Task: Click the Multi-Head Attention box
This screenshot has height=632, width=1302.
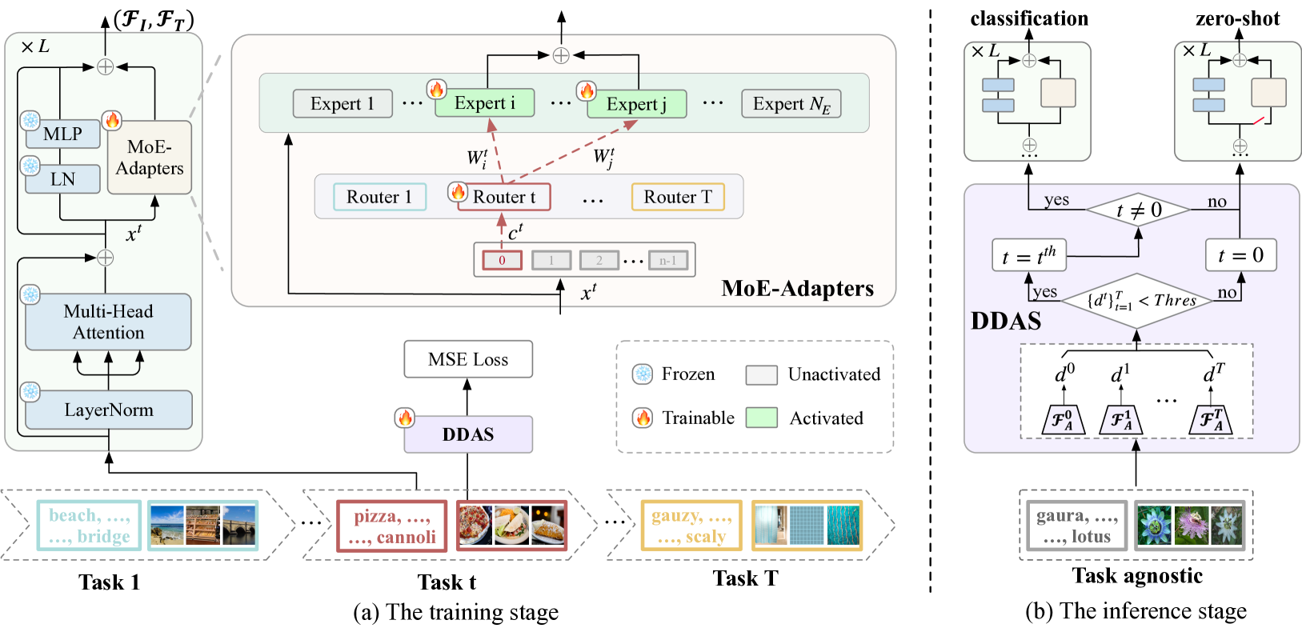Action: tap(108, 322)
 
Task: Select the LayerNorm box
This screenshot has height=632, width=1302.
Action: tap(108, 410)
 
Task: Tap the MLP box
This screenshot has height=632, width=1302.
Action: tap(62, 134)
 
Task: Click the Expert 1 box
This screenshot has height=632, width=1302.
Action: tap(343, 103)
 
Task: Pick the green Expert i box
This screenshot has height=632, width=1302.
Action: tap(484, 102)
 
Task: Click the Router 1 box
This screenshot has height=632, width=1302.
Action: tap(379, 197)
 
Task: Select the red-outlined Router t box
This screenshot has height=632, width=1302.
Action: tap(503, 197)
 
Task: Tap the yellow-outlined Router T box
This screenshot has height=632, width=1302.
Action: tap(678, 197)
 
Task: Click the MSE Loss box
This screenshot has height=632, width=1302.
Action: tap(468, 359)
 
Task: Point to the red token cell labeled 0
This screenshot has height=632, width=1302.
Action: tap(502, 260)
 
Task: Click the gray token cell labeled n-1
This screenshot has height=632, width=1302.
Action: tap(667, 260)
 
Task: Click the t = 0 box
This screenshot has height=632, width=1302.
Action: tap(1240, 255)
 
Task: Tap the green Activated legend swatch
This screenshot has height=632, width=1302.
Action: tap(761, 418)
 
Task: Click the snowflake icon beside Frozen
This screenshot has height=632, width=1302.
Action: tap(643, 374)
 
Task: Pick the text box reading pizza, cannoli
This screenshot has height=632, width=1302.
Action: tap(391, 526)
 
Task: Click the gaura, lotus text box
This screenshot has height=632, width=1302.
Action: tap(1077, 526)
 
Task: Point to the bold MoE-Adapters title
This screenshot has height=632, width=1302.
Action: tap(797, 288)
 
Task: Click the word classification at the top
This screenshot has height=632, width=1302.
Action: tap(1029, 18)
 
